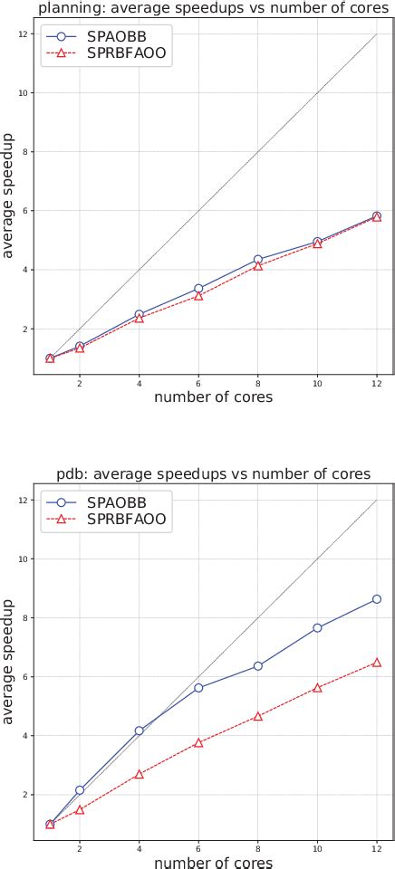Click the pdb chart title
click(213, 474)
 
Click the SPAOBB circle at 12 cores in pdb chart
click(377, 599)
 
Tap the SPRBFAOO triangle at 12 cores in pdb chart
click(377, 663)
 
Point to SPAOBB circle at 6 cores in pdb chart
click(198, 688)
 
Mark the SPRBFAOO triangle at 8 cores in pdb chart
click(258, 716)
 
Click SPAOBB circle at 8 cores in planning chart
click(258, 260)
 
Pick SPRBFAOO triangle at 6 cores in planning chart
click(198, 296)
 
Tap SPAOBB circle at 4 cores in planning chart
click(139, 314)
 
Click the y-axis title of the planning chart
click(9, 195)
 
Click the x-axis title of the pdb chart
click(213, 862)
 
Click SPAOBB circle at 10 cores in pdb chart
click(317, 628)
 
